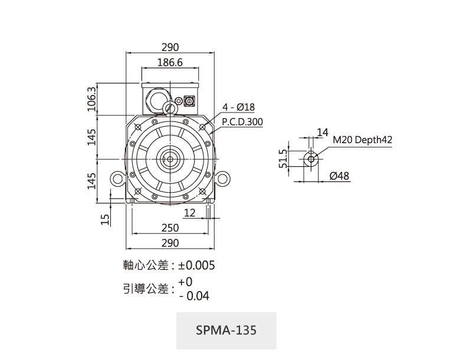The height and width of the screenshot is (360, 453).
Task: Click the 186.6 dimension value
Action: pyautogui.click(x=170, y=62)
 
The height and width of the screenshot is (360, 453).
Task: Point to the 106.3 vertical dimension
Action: pyautogui.click(x=91, y=98)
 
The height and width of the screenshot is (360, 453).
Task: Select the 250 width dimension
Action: pyautogui.click(x=170, y=228)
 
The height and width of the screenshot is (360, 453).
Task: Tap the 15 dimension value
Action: pyautogui.click(x=105, y=219)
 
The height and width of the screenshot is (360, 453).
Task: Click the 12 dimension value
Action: pyautogui.click(x=189, y=212)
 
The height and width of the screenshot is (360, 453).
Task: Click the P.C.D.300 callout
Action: pyautogui.click(x=242, y=122)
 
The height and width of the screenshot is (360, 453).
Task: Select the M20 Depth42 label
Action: pyautogui.click(x=362, y=140)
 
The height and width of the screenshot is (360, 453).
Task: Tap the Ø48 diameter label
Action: pyautogui.click(x=339, y=176)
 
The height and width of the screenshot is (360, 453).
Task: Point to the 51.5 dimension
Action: pyautogui.click(x=283, y=158)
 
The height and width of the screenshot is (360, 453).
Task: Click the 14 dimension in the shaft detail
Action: pyautogui.click(x=321, y=131)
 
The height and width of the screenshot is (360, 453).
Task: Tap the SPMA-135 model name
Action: pyautogui.click(x=226, y=330)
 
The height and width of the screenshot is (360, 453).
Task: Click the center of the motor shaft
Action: pyautogui.click(x=170, y=159)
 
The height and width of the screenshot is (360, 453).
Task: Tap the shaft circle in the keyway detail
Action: pyautogui.click(x=311, y=158)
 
